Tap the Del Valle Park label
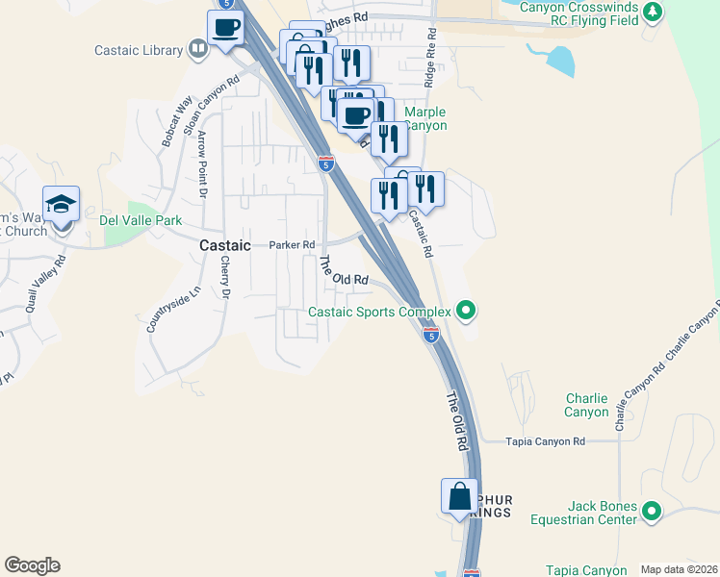coord(141,220)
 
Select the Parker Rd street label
coord(292,245)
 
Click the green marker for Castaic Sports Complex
coord(466,311)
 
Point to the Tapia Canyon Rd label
coord(546,441)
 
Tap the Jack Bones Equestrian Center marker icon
coord(652,511)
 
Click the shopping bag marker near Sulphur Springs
coord(460,497)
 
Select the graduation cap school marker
coord(62,205)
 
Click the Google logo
coord(32,565)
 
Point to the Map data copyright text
coord(679,569)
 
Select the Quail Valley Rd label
coord(45,278)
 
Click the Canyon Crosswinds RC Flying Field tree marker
coord(653,12)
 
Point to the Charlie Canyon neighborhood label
coord(586,405)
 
